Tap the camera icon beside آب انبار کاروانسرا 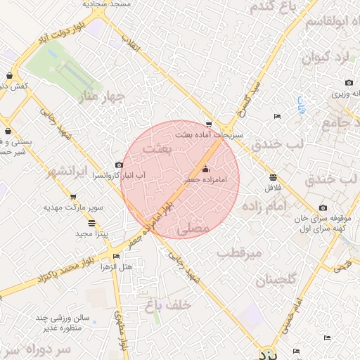click(118, 165)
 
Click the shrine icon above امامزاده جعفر click(205, 169)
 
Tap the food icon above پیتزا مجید click(93, 222)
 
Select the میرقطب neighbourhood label click(239, 252)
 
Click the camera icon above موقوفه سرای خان click(323, 207)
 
